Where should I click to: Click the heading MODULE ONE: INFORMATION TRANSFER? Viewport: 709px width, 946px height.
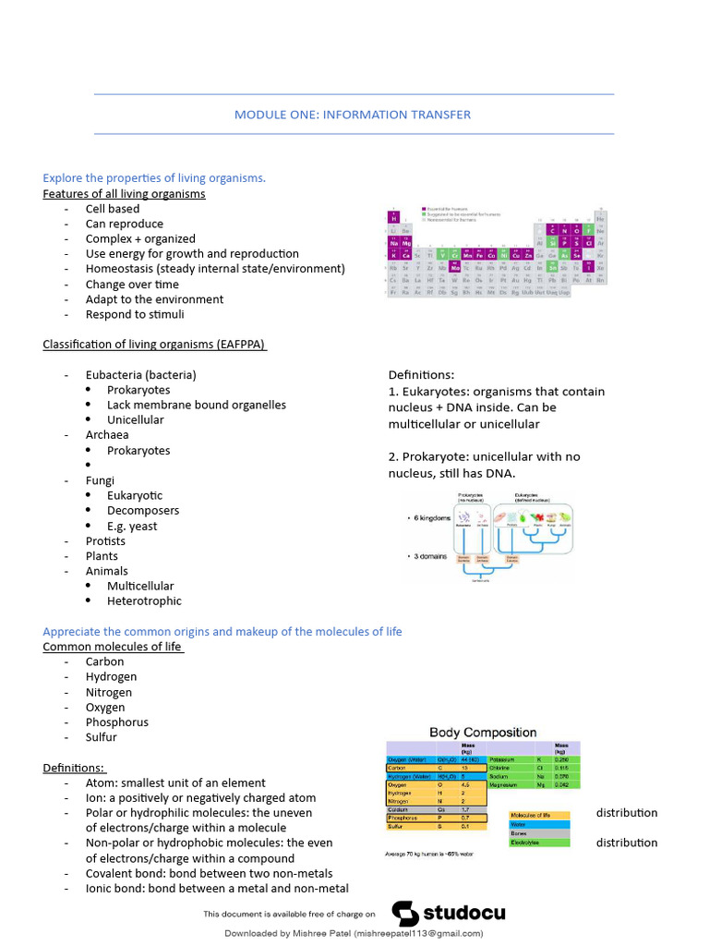click(x=353, y=115)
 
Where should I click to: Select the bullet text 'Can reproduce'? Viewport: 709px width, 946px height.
click(x=124, y=224)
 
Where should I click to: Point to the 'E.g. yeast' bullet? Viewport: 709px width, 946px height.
click(x=132, y=526)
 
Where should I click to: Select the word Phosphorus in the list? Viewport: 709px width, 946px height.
click(x=116, y=722)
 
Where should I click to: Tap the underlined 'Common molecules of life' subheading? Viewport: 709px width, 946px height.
click(x=113, y=647)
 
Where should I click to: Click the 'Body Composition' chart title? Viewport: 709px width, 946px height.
click(x=483, y=732)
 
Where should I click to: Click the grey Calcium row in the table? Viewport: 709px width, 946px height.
click(x=434, y=808)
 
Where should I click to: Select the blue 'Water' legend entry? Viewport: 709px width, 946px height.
click(x=539, y=824)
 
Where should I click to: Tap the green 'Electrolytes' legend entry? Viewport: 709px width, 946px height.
click(x=539, y=843)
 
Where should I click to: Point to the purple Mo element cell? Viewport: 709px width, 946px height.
click(x=454, y=267)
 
